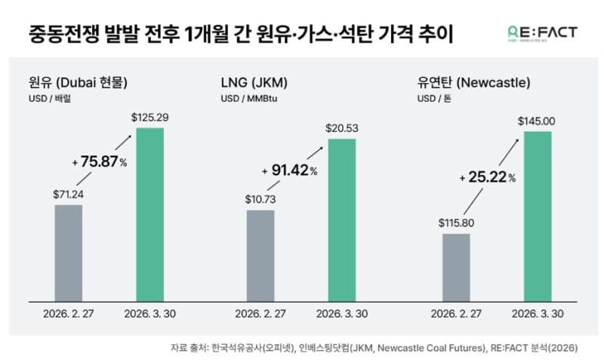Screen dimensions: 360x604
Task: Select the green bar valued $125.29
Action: click(x=149, y=214)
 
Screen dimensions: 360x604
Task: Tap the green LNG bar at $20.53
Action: click(x=341, y=219)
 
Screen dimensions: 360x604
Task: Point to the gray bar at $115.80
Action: click(x=456, y=266)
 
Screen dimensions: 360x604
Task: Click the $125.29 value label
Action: click(x=149, y=118)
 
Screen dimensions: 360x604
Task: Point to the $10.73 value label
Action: click(x=260, y=199)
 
